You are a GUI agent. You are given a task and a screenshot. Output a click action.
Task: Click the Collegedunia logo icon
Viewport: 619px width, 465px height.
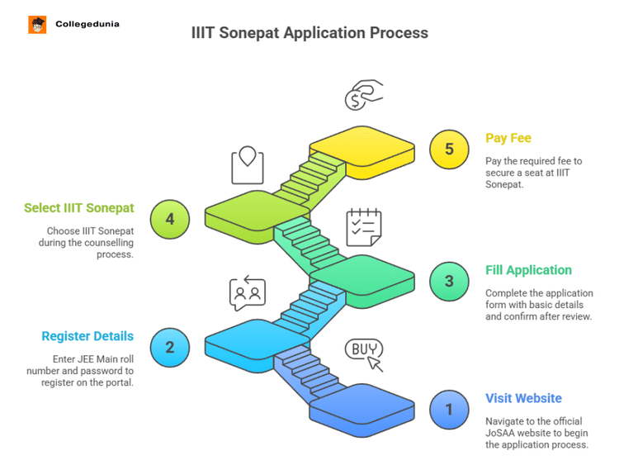click(37, 25)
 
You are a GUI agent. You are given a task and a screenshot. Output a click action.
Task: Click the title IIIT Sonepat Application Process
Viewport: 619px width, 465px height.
click(309, 33)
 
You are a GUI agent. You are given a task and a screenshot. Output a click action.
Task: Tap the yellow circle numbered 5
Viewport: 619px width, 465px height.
click(449, 149)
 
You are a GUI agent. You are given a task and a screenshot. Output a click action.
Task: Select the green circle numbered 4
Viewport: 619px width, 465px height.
click(170, 219)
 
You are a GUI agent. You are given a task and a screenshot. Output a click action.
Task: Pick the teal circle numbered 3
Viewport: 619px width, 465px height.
click(449, 281)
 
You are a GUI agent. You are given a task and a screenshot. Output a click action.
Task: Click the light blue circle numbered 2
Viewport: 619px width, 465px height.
click(170, 346)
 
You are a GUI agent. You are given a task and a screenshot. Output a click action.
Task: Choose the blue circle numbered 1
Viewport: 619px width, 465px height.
click(449, 409)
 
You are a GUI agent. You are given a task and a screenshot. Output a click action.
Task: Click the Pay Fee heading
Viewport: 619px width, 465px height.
click(508, 138)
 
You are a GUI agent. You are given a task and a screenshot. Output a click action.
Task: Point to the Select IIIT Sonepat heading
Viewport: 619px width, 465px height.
click(79, 207)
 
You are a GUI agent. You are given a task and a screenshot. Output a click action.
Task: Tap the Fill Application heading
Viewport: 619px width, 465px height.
click(528, 270)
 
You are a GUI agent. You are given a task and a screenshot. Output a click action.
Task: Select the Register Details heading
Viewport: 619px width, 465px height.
click(87, 336)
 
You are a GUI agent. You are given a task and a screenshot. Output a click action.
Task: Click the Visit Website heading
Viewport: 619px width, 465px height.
click(523, 398)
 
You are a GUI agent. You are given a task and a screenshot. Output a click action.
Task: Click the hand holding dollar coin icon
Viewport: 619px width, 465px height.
click(363, 95)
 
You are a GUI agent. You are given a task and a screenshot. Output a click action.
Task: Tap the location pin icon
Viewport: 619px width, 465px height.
click(247, 165)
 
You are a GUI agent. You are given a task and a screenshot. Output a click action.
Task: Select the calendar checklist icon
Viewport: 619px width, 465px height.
click(363, 226)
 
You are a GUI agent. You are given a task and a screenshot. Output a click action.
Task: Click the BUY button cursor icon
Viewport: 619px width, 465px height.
click(364, 353)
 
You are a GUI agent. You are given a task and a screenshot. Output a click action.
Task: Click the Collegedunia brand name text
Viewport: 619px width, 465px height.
click(87, 25)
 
